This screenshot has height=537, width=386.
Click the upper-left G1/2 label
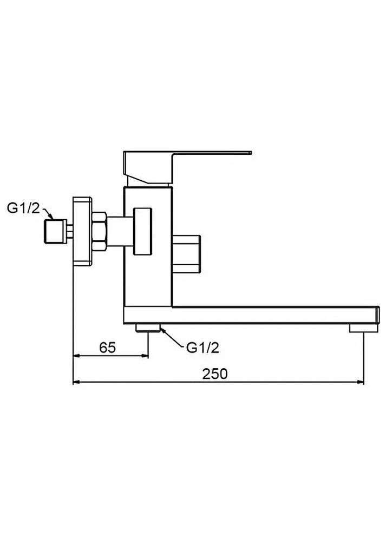coord(23,208)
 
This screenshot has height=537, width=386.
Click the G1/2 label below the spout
coord(202,348)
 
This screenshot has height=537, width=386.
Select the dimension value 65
coord(108,348)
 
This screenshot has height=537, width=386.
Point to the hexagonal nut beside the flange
coord(99,232)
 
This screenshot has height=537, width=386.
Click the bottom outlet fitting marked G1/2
coord(148,327)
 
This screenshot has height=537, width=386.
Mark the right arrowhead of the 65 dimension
coord(143,356)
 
